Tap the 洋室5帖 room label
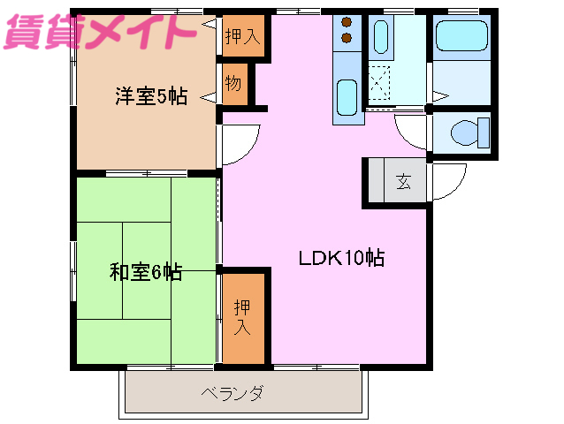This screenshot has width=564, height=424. pyautogui.click(x=150, y=96)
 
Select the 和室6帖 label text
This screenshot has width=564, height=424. pyautogui.click(x=146, y=273)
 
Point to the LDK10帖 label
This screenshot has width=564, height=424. pyautogui.click(x=340, y=259)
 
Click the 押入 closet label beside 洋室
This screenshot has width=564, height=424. pyautogui.click(x=241, y=37)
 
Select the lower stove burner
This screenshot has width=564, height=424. pyautogui.click(x=346, y=39)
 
